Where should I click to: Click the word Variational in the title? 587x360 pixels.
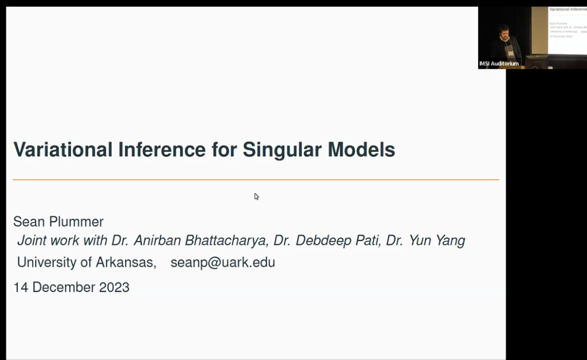[63, 150]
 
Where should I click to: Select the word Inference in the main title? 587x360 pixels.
[162, 150]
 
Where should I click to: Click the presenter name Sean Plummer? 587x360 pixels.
[58, 221]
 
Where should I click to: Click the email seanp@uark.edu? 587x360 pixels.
[223, 263]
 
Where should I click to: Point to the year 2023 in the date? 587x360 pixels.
[114, 287]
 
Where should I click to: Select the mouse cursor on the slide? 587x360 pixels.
[256, 196]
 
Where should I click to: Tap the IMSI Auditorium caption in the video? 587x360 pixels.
[499, 64]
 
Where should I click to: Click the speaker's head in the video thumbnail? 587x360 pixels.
[504, 31]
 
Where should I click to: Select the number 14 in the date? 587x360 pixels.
[21, 287]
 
